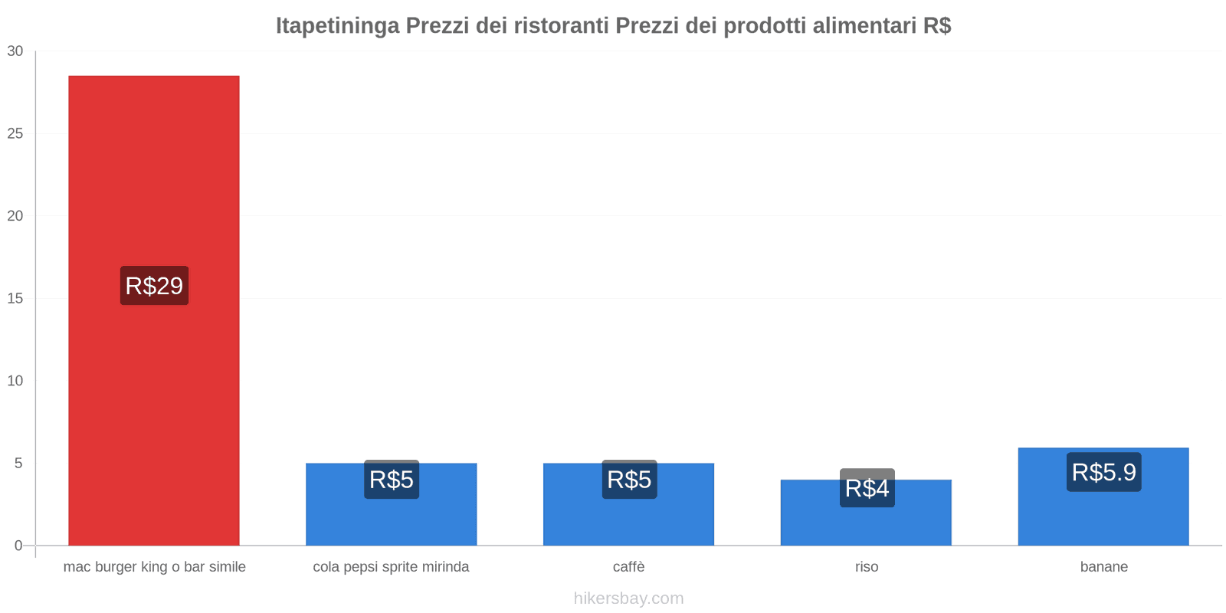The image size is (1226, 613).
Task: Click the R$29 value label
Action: (154, 286)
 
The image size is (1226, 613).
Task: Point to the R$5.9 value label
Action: (1103, 472)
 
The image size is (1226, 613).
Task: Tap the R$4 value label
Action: (867, 488)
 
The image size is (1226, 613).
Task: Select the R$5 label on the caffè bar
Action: (629, 480)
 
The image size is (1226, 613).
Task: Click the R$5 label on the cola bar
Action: (392, 480)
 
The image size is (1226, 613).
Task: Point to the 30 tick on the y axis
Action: (15, 51)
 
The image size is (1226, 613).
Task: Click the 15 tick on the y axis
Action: (15, 299)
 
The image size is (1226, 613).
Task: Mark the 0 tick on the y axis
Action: (18, 546)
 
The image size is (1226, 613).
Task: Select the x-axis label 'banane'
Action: (1103, 567)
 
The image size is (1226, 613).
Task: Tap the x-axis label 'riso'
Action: (867, 567)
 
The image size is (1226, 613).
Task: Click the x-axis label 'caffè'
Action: (628, 567)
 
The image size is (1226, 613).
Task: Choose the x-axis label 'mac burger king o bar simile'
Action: (154, 567)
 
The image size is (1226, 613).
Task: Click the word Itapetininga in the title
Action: (337, 26)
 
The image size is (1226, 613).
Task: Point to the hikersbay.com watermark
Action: (628, 598)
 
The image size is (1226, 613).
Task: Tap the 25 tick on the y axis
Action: (15, 134)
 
